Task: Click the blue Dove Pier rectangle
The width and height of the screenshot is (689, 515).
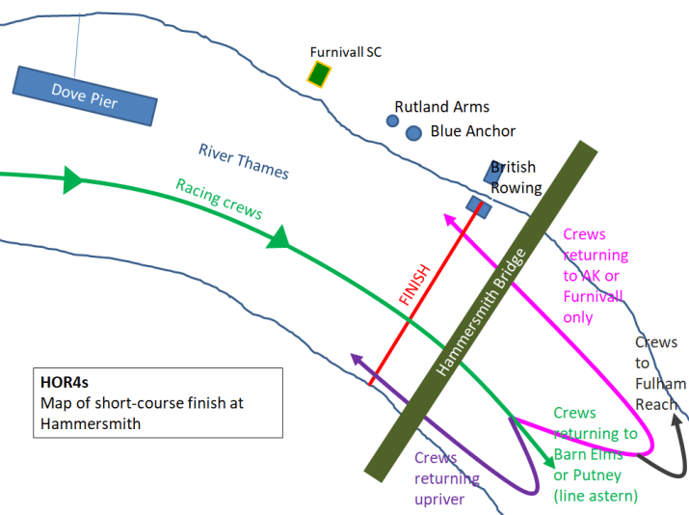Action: (x=85, y=95)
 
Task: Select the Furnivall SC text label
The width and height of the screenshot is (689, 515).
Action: (x=345, y=52)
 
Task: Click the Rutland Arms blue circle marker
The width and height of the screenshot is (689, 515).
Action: (x=392, y=121)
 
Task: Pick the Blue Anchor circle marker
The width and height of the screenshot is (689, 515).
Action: (x=413, y=132)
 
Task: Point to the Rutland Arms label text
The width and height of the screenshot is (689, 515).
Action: (x=442, y=107)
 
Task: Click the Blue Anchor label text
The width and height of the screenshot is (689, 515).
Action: (x=473, y=131)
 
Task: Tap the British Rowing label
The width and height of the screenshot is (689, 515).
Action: (x=516, y=177)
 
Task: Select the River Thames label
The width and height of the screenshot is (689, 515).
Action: (x=244, y=161)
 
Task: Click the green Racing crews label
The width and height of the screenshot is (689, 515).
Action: (x=219, y=199)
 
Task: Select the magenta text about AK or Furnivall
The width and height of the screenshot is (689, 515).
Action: (x=595, y=276)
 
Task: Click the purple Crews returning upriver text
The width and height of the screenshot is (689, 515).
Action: (x=447, y=478)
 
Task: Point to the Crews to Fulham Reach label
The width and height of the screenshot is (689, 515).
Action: (x=657, y=373)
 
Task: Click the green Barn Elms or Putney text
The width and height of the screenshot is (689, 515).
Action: (x=595, y=453)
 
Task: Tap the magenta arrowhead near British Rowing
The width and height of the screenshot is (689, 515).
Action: (x=448, y=218)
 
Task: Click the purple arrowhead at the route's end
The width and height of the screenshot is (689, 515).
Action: (x=357, y=360)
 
